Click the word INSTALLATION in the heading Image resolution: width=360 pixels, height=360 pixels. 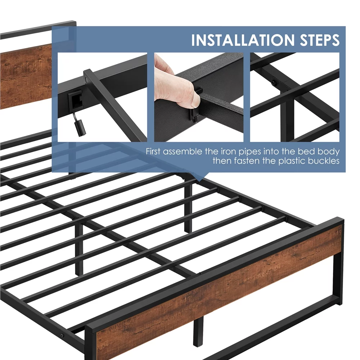pos(242,40)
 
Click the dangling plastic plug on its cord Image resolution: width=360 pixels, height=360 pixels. pos(80,129)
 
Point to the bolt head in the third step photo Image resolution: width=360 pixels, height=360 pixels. pos(274,82)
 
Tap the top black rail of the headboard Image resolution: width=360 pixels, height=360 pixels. pos(38,30)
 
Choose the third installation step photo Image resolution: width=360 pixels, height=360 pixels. pos(295,97)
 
